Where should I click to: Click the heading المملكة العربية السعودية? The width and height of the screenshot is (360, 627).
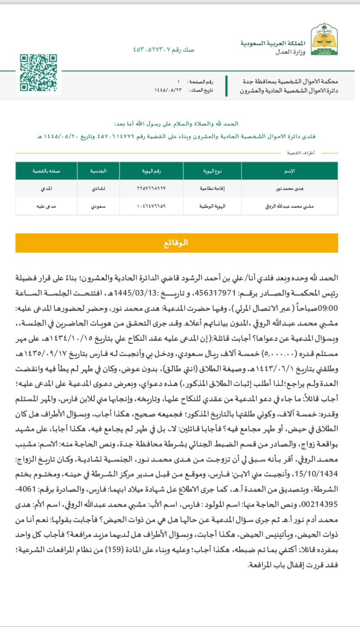click(273, 43)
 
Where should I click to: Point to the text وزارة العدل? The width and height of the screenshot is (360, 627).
click(290, 52)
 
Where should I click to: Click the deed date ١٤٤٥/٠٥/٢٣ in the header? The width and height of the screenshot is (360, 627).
click(167, 90)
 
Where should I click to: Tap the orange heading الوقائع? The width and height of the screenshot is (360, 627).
click(177, 243)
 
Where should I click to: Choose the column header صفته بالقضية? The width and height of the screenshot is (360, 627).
click(46, 171)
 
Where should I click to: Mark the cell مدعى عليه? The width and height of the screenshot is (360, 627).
click(46, 206)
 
